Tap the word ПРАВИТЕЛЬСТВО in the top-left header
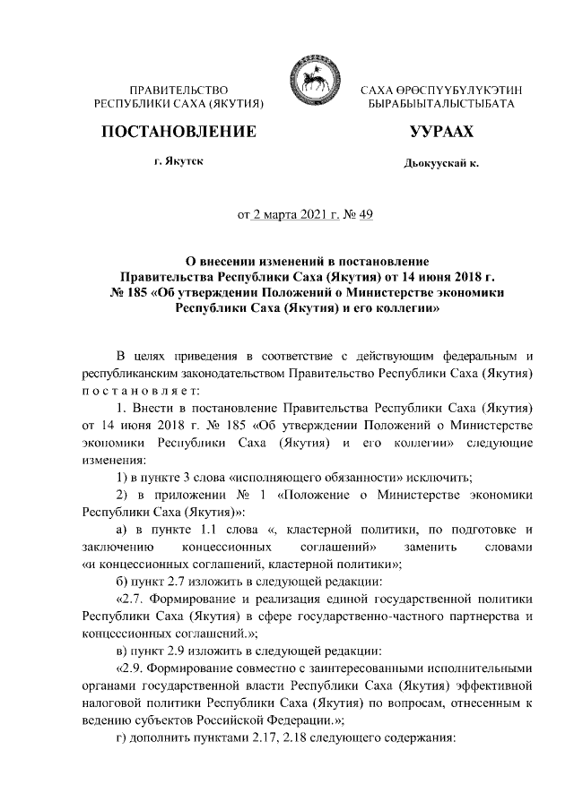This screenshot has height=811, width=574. pyautogui.click(x=178, y=91)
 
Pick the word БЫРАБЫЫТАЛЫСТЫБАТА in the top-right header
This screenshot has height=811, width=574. pyautogui.click(x=440, y=105)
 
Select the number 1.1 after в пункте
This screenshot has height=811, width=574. pyautogui.click(x=236, y=529)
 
